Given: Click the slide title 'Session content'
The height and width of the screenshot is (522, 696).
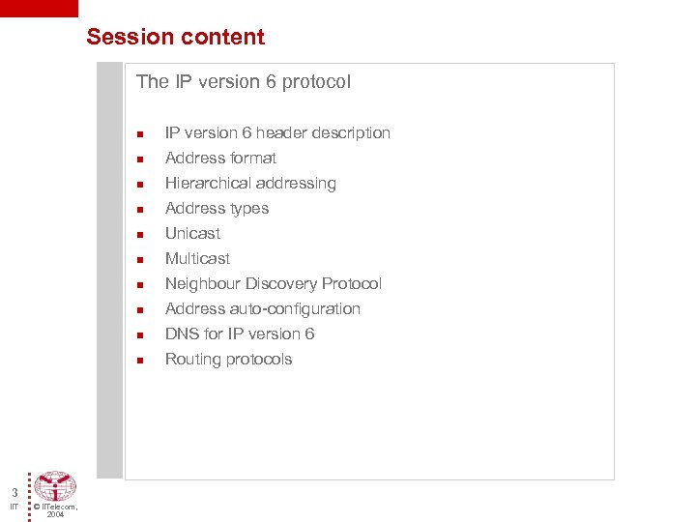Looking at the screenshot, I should (x=175, y=38).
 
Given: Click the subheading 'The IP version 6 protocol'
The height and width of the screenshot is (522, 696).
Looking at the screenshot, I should (x=244, y=82).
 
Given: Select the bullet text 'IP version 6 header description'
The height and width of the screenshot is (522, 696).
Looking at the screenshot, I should (x=277, y=132).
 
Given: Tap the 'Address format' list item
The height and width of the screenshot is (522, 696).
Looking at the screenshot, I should (x=220, y=158).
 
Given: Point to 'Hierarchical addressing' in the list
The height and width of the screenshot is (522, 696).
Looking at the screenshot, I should (x=250, y=183).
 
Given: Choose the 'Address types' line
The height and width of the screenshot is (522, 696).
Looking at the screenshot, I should (x=217, y=208).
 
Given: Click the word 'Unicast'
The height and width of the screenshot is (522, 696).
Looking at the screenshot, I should (x=192, y=233).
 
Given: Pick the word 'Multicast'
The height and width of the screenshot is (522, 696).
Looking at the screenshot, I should (x=197, y=258).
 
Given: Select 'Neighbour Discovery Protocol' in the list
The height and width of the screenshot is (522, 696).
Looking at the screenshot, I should (x=273, y=283).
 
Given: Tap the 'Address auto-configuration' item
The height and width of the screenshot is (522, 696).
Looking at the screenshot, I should (x=262, y=308).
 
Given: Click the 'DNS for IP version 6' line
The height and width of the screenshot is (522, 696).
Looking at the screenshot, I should (x=240, y=333).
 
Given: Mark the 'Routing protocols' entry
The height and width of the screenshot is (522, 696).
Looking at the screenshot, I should (x=228, y=359).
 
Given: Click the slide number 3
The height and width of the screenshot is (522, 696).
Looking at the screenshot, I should (x=14, y=493).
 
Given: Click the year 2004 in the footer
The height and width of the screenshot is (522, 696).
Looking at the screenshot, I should (x=55, y=515).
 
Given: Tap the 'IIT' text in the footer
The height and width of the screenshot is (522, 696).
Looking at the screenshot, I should (x=14, y=507).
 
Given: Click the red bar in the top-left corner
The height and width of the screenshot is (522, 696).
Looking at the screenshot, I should (x=39, y=8).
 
